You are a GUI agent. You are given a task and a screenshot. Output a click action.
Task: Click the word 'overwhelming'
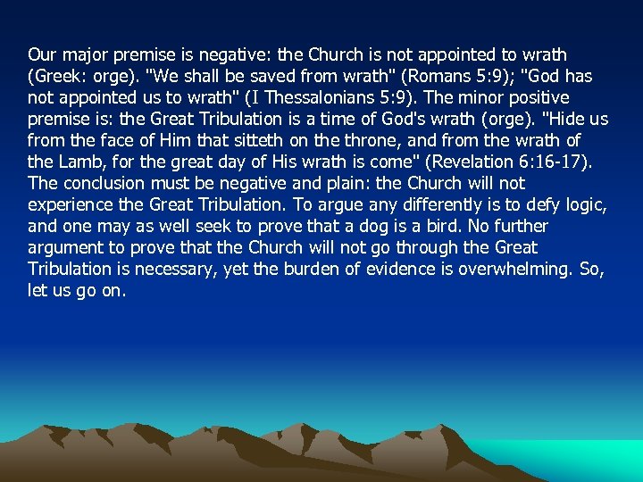(x=513, y=270)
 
